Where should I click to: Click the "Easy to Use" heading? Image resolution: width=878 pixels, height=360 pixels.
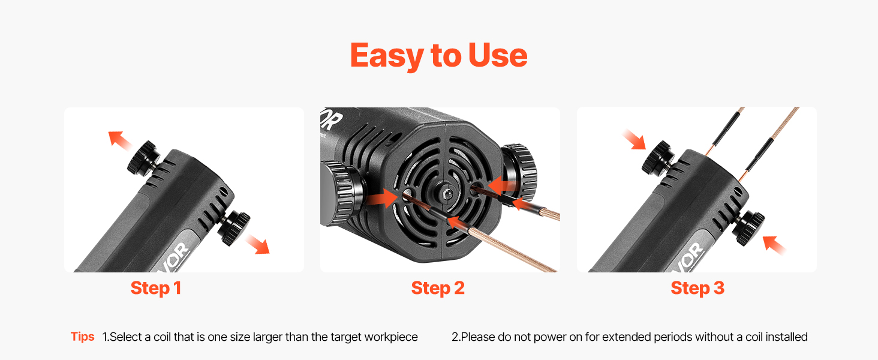[438, 56]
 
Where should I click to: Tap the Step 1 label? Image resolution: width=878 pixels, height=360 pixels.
[155, 288]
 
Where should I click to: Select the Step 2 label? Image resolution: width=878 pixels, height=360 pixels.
[438, 288]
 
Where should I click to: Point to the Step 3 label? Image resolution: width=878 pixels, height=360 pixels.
[697, 288]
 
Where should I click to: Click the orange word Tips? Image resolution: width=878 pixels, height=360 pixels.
[82, 337]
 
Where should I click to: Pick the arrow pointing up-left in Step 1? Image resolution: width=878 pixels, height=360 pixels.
[119, 140]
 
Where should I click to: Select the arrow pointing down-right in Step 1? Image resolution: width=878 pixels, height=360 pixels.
[258, 244]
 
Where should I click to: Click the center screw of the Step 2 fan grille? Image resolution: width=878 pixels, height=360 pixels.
[446, 193]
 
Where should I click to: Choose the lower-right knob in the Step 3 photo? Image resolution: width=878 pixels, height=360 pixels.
[750, 227]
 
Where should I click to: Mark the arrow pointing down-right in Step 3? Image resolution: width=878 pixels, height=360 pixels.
[634, 140]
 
